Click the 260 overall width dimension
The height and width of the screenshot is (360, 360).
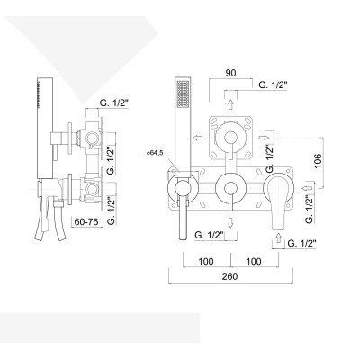229,276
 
